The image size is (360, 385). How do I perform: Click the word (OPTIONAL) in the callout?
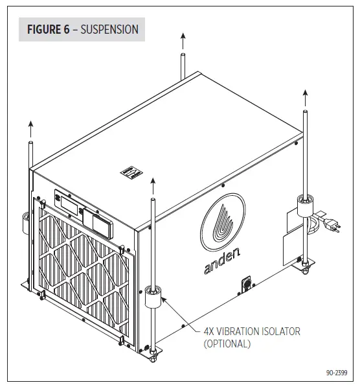point(227,344)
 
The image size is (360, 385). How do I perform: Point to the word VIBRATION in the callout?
point(251,331)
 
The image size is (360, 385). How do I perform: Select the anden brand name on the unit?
point(222,260)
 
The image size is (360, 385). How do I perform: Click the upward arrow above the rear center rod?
point(183,41)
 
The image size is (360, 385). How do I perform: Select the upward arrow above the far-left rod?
point(30,128)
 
